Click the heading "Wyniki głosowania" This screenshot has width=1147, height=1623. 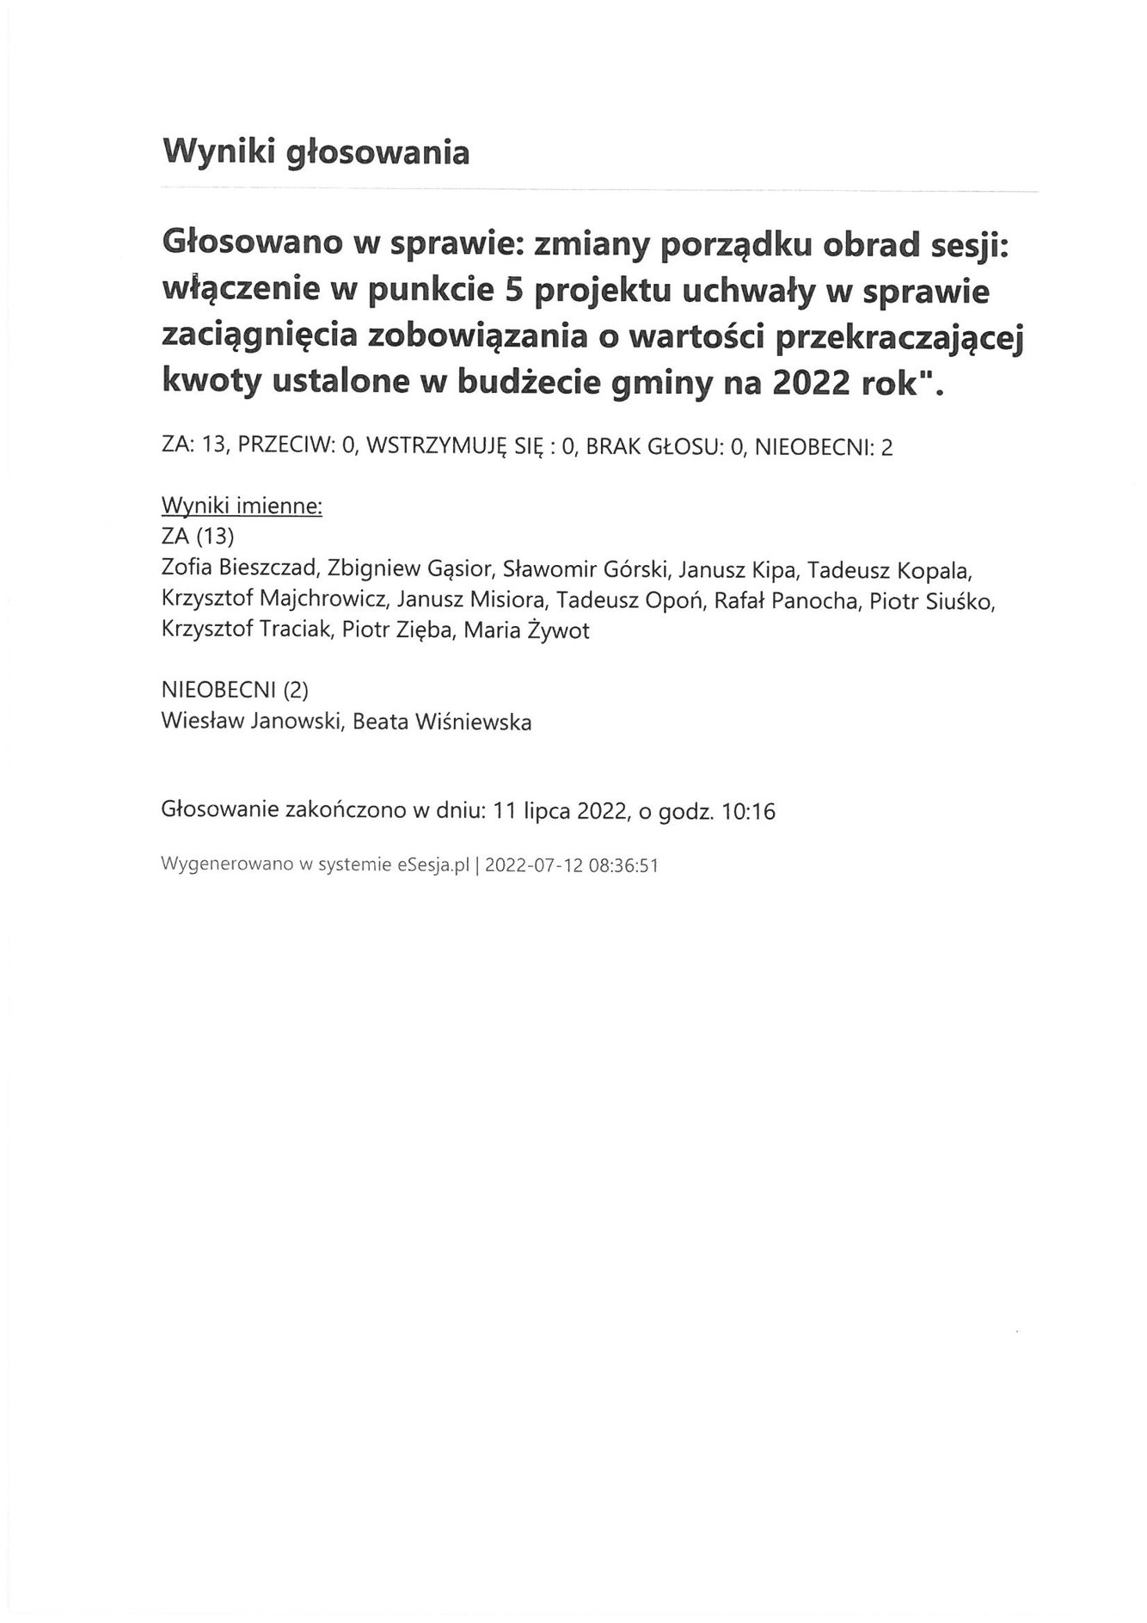[x=316, y=152]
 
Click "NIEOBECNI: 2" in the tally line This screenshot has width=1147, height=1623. [x=823, y=447]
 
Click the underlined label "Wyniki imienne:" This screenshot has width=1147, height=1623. [x=242, y=506]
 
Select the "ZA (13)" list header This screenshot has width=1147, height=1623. [x=198, y=537]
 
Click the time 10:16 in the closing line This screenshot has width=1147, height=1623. [x=750, y=811]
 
